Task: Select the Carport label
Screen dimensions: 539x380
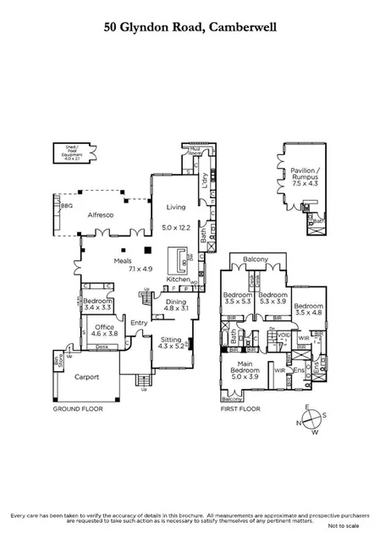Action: (x=86, y=376)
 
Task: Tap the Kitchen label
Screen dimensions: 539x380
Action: (x=178, y=279)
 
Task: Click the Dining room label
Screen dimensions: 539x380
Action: (x=175, y=302)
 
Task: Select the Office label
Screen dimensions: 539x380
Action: (x=105, y=327)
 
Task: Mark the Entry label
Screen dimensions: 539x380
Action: (x=138, y=322)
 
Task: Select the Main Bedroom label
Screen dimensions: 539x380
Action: (x=245, y=370)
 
